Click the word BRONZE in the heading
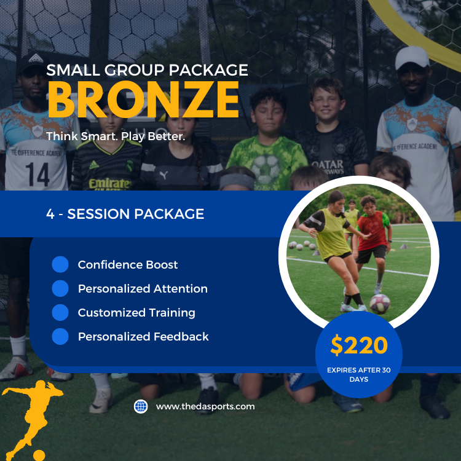[143, 98]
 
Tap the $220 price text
[359, 345]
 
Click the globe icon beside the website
[141, 406]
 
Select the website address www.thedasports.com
[205, 406]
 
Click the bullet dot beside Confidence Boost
[60, 265]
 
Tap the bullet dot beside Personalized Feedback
[60, 337]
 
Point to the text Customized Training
[136, 313]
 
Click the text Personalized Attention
[143, 289]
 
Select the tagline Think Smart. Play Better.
[116, 136]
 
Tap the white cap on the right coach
[412, 57]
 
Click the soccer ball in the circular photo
[379, 303]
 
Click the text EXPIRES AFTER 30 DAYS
[359, 374]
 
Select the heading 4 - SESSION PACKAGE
[125, 214]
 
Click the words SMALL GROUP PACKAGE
[147, 70]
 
